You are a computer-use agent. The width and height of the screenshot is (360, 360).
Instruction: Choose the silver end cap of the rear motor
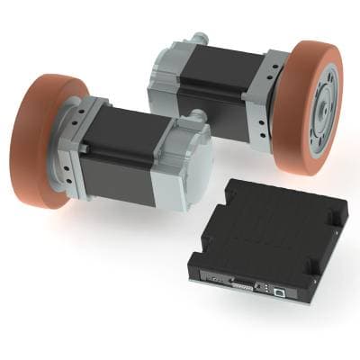coord(166,67)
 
